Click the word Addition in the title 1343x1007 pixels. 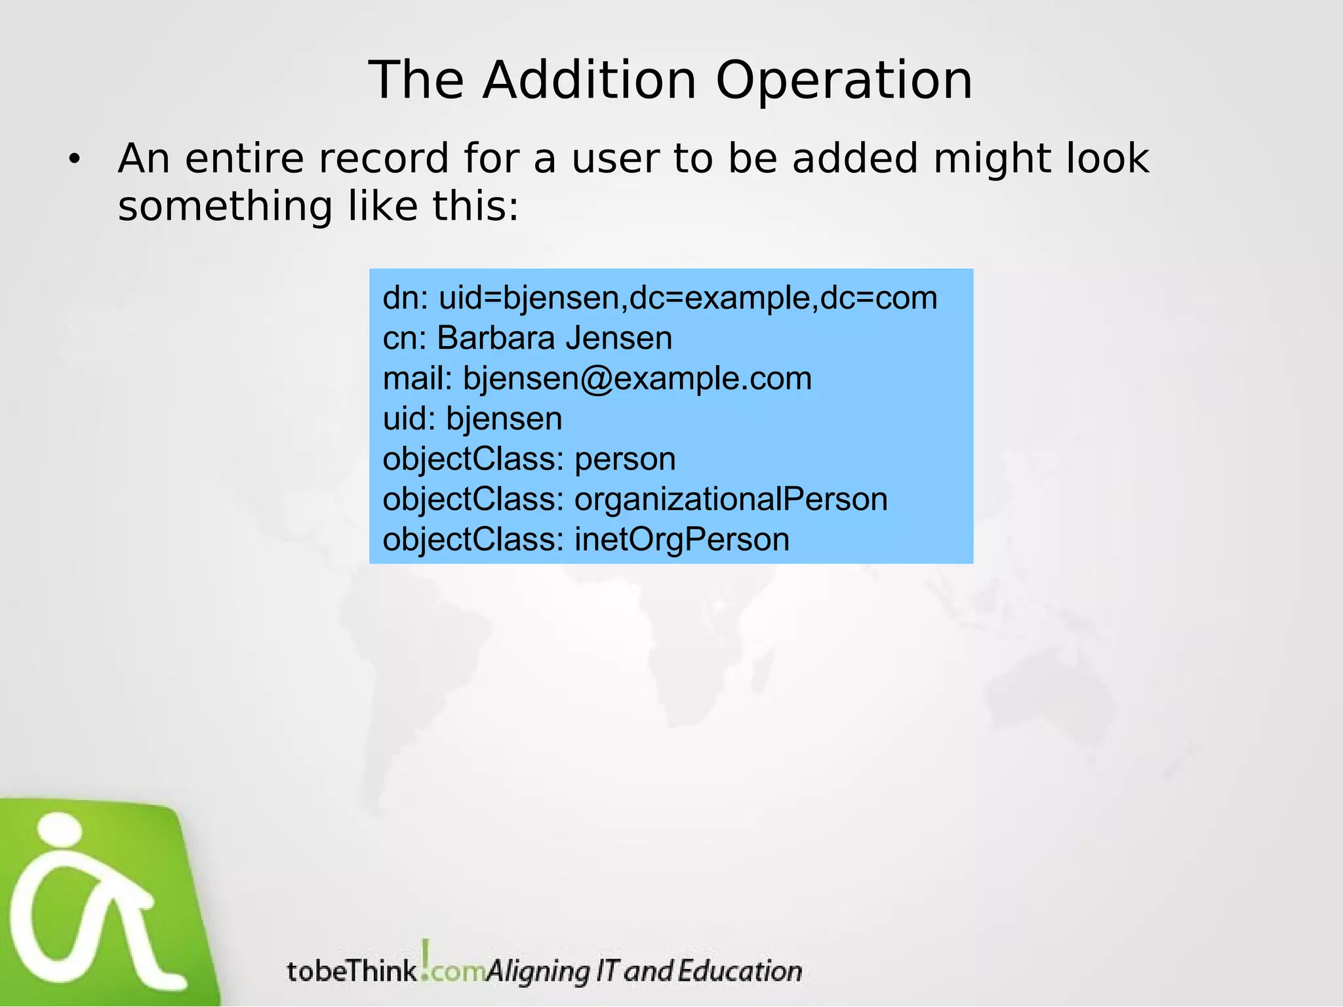point(589,80)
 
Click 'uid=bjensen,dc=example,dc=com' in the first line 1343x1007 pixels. point(688,298)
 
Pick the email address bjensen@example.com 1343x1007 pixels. point(637,379)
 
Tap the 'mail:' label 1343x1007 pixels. point(418,379)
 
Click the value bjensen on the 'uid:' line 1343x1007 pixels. point(504,419)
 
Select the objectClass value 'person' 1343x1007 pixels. point(625,459)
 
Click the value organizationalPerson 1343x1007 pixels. point(731,500)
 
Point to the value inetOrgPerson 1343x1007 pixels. point(682,540)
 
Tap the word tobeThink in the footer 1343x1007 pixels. point(351,971)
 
